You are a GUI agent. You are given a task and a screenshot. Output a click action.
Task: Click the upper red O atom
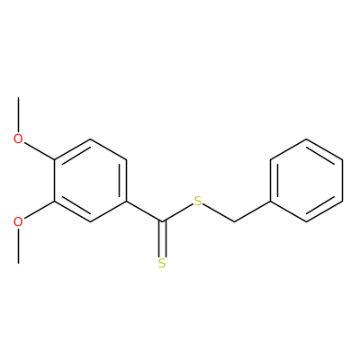click(x=18, y=139)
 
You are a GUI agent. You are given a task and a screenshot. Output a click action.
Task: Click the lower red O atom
click(x=18, y=222)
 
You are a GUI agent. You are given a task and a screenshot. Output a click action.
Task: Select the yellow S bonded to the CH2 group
click(x=198, y=202)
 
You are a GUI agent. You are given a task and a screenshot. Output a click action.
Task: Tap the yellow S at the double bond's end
click(x=162, y=263)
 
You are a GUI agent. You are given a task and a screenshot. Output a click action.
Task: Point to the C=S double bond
click(x=162, y=239)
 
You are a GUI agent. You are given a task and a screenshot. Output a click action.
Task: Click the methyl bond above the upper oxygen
click(x=18, y=115)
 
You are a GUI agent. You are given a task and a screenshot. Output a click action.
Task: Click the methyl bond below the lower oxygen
click(x=18, y=246)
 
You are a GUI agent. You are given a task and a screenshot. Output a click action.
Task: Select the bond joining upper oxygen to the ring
click(x=40, y=151)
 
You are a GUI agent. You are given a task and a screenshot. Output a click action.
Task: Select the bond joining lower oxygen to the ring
click(x=40, y=210)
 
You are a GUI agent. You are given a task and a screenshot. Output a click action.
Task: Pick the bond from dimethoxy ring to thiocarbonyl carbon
click(x=144, y=211)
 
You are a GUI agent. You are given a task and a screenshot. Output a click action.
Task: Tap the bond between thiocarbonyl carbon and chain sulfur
click(x=177, y=213)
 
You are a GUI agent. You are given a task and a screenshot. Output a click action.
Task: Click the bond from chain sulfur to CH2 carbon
click(x=219, y=213)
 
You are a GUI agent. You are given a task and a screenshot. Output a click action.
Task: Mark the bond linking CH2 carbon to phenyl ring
click(x=252, y=211)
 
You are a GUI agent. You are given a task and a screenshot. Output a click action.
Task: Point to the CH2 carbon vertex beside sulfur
click(x=234, y=222)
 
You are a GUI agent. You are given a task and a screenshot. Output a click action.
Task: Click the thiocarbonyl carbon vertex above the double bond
click(x=162, y=222)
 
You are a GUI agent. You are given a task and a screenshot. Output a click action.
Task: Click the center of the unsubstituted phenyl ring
click(x=306, y=180)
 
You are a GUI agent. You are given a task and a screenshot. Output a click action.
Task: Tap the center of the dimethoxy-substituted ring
click(x=90, y=180)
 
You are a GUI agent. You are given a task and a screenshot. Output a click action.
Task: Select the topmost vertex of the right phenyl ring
click(x=306, y=139)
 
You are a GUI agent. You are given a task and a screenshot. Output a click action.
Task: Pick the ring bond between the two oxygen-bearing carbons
click(x=54, y=180)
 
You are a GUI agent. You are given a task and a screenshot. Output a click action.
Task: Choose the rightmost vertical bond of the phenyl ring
click(x=342, y=180)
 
